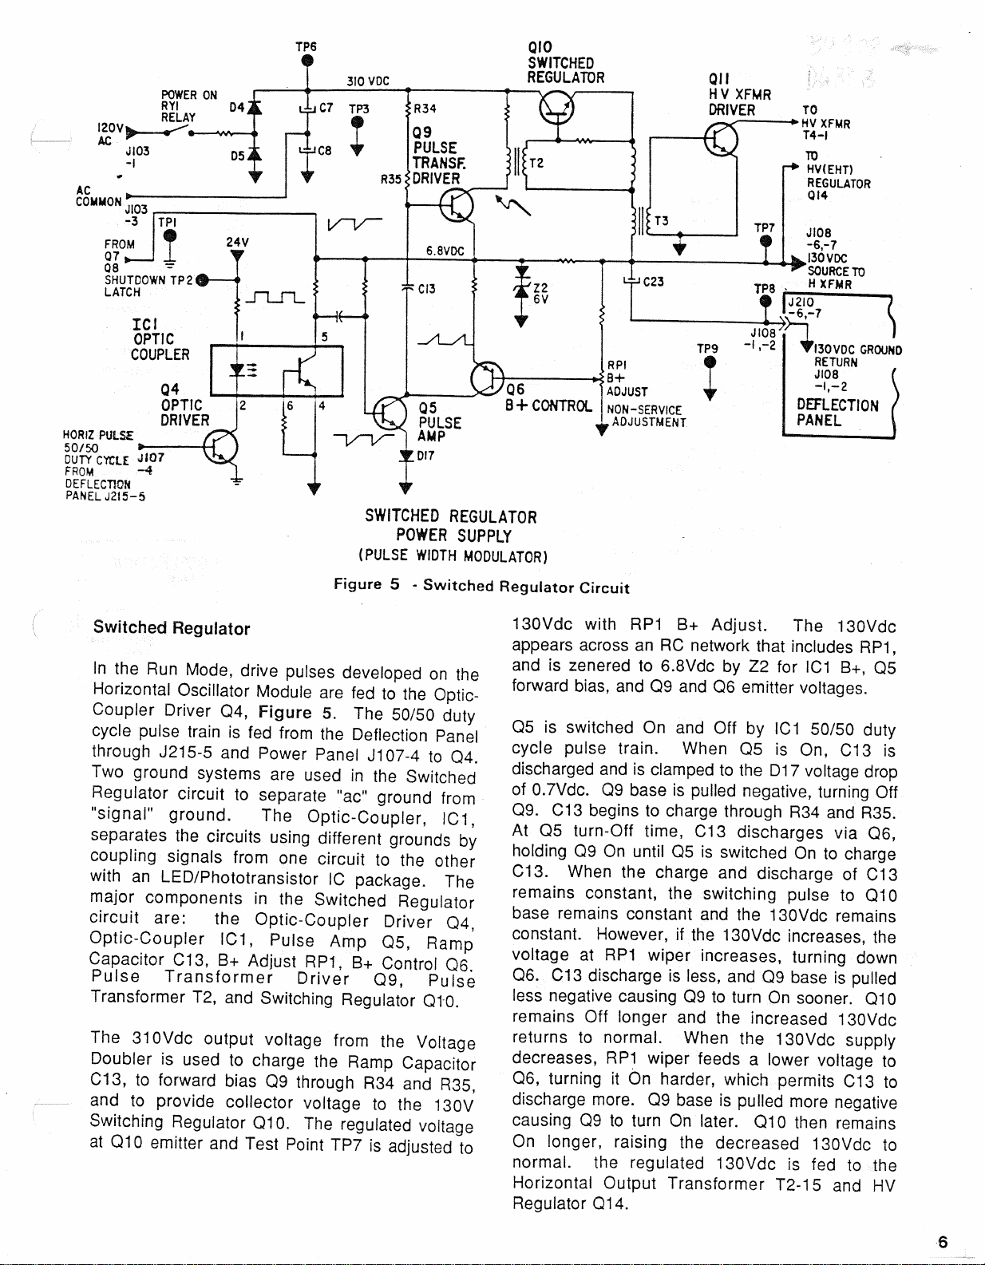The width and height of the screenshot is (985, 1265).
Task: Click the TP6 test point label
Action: coord(307,47)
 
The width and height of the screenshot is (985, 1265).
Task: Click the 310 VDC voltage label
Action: coord(368,81)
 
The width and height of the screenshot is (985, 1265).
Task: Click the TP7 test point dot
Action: coord(766,242)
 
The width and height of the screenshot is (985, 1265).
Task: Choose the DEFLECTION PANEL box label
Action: coord(837,412)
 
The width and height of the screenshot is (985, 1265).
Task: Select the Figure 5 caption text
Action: coord(482,587)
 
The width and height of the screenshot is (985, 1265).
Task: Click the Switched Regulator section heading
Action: coord(172,628)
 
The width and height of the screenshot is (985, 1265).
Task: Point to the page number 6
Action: coord(942,1241)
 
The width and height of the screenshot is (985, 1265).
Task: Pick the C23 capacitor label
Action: coord(654,281)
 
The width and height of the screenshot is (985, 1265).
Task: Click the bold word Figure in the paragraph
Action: coord(284,711)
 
